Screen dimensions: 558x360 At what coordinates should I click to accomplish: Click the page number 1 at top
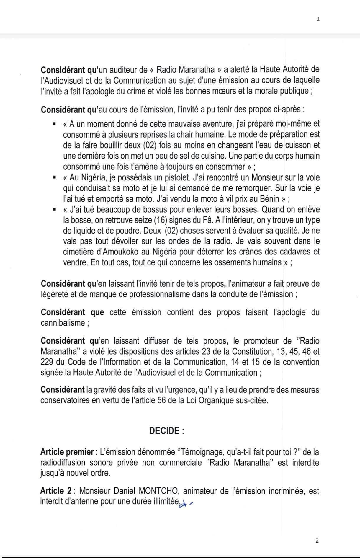(x=318, y=19)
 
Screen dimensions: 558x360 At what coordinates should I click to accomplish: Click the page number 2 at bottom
(x=317, y=541)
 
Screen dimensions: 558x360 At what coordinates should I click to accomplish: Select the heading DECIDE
(x=166, y=431)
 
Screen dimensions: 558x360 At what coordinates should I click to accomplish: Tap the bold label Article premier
(x=67, y=452)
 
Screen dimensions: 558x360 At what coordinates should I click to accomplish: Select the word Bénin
(x=267, y=199)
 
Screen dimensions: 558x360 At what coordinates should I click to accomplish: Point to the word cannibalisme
(x=63, y=323)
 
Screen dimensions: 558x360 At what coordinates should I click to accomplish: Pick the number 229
(x=47, y=362)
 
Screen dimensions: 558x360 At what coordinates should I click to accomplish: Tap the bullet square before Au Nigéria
(x=54, y=178)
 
